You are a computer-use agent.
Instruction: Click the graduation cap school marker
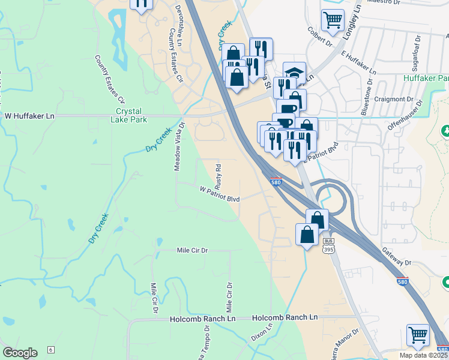[x=294, y=72]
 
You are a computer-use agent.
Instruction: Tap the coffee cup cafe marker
[x=287, y=109]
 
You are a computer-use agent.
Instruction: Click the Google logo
[x=20, y=353]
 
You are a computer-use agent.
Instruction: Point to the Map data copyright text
[x=423, y=355]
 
